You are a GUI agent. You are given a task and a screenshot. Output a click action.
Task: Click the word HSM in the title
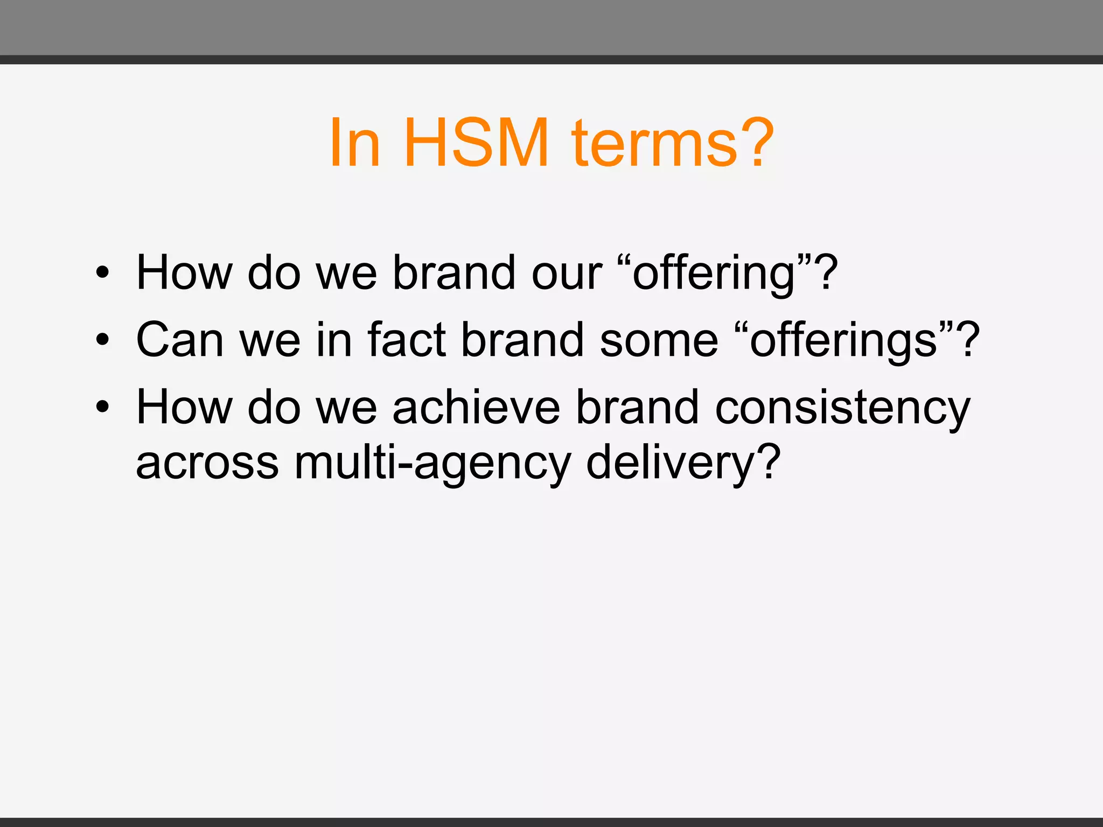(x=476, y=143)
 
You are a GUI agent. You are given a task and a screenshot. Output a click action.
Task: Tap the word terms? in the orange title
(x=673, y=143)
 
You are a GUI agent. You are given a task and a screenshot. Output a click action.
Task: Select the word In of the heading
(x=355, y=143)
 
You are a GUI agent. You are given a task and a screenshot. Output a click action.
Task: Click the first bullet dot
(x=102, y=273)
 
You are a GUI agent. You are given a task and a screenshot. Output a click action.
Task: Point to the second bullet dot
(x=102, y=340)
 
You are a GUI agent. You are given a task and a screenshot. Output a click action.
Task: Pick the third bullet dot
(x=102, y=408)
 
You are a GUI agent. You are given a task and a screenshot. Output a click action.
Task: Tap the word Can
(x=180, y=340)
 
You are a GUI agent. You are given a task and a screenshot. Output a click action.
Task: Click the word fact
(x=407, y=340)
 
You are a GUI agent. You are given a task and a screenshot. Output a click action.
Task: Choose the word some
(x=659, y=340)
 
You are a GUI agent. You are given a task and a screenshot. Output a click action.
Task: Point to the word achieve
(x=476, y=408)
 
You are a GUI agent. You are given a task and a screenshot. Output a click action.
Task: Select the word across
(x=207, y=463)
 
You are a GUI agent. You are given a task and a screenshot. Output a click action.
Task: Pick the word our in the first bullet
(x=567, y=274)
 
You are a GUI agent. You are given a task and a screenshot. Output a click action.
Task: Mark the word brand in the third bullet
(x=638, y=408)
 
